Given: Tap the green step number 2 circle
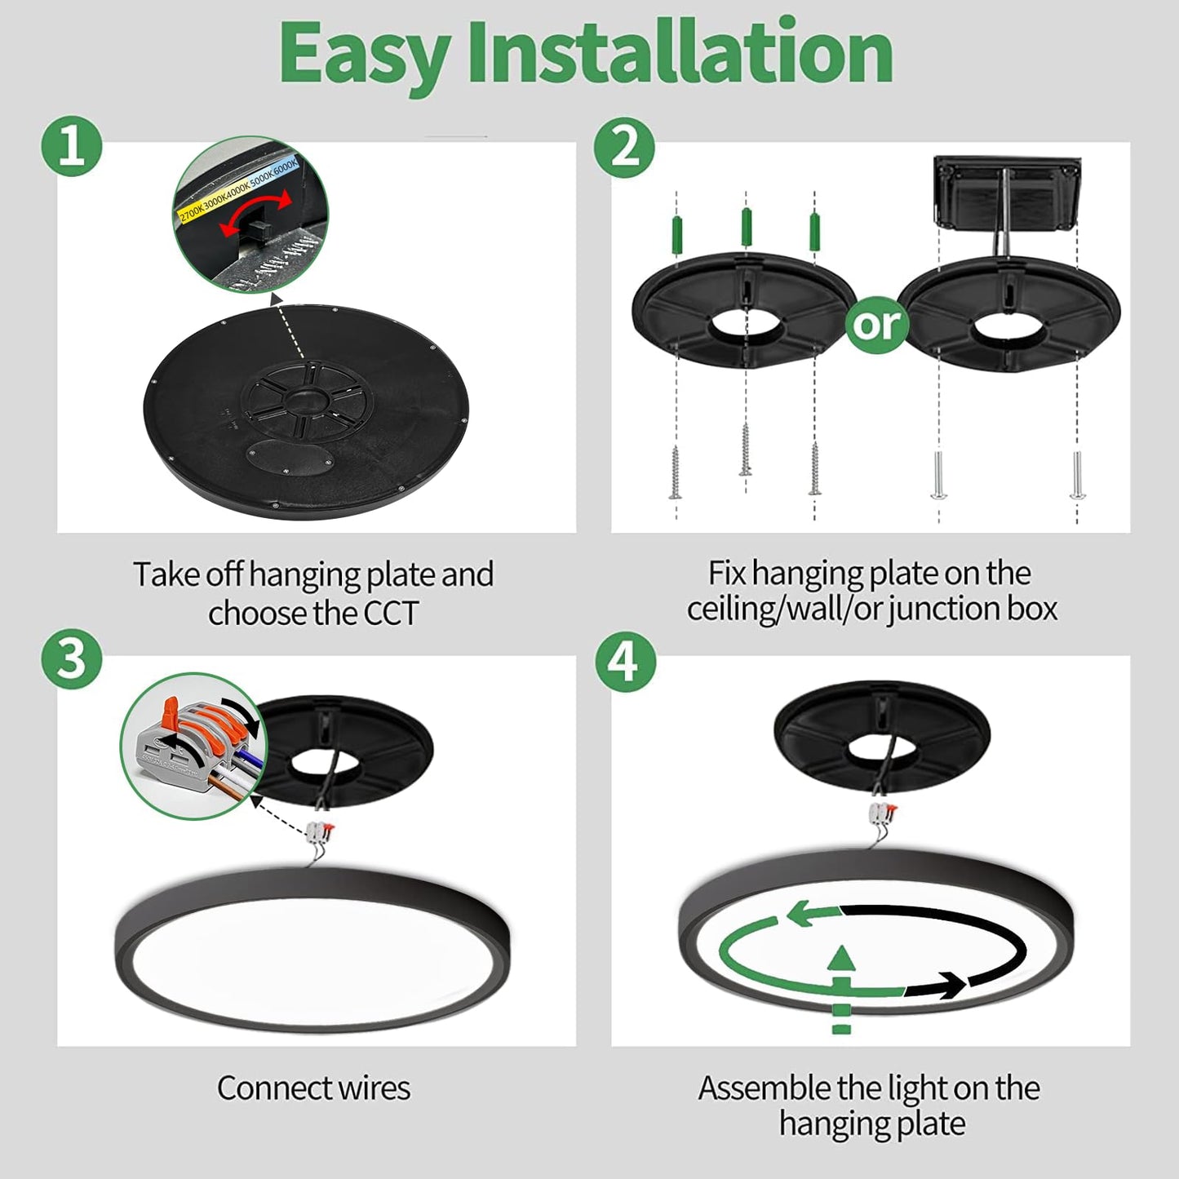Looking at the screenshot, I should coord(624,147).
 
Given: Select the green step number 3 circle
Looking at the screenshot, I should coord(72,659).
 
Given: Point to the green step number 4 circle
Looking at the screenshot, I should coord(624,661).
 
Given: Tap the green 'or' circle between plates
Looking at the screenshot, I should coord(876,324).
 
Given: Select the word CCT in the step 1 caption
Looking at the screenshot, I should coord(390,614).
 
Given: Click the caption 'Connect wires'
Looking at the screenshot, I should coord(313,1088).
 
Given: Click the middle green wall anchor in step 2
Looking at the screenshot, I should coord(746,227).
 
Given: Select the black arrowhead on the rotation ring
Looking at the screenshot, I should coord(947,986).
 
